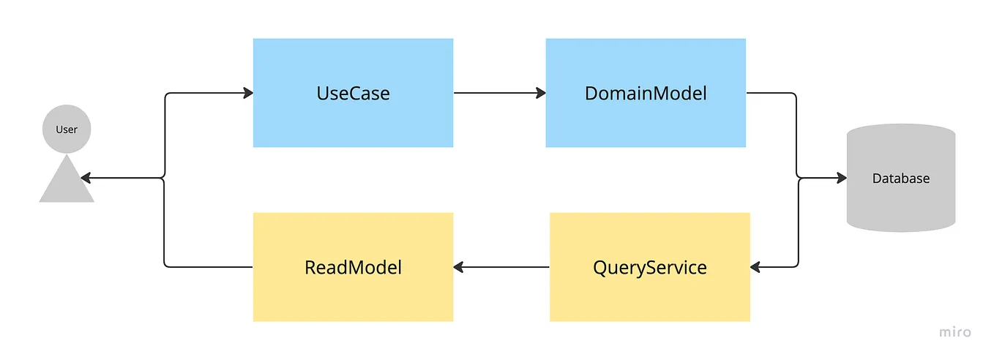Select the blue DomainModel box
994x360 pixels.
[645, 121]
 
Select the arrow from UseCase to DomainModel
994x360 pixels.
[498, 93]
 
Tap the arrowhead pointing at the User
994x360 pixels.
[86, 178]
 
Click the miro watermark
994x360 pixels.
[955, 332]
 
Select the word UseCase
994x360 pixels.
[353, 94]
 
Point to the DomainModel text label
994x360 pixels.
[645, 94]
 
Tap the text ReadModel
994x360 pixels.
[353, 267]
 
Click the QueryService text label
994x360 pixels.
[649, 267]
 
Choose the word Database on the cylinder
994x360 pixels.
[900, 179]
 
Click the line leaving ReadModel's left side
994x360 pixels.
[209, 267]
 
